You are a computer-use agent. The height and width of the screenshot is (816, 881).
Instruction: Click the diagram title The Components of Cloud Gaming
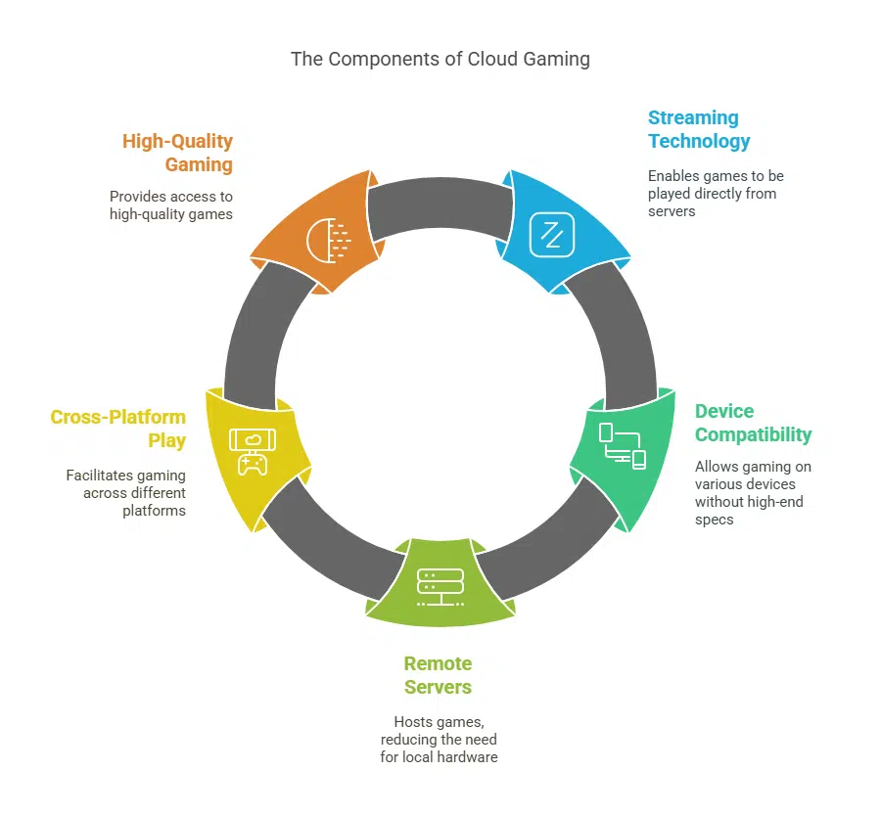click(440, 59)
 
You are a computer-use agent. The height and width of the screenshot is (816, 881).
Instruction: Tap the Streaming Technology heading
click(698, 129)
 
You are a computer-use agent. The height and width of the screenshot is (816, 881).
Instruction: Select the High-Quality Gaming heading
click(177, 152)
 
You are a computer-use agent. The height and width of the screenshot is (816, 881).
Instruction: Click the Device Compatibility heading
click(753, 423)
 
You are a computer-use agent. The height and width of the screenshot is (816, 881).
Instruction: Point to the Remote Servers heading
click(438, 675)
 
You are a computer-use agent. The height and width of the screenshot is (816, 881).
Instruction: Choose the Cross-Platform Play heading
click(118, 429)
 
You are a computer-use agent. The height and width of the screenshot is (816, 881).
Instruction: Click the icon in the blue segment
click(551, 234)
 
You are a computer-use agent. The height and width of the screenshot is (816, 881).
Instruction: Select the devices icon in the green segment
click(623, 446)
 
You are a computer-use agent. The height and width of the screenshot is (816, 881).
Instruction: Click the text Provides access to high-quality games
click(171, 204)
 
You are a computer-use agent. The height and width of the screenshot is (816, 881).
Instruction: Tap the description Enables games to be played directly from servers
click(716, 193)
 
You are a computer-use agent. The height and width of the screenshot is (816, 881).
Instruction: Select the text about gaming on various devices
click(753, 493)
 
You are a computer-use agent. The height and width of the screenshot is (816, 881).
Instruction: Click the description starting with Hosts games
click(439, 739)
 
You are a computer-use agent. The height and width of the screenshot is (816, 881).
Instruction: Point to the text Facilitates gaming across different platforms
click(126, 493)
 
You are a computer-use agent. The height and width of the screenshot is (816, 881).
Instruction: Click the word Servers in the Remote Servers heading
click(438, 687)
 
